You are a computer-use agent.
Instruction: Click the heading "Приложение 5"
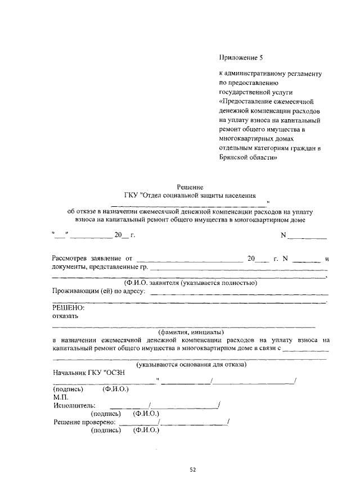coord(240,57)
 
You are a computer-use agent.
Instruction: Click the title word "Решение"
coord(190,187)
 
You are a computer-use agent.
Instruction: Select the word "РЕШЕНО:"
coord(68,307)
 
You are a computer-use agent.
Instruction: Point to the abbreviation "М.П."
coord(60,396)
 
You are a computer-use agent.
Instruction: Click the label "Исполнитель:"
coord(74,405)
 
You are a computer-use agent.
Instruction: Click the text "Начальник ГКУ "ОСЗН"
coord(87,373)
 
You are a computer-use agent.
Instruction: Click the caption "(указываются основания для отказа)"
coord(190,364)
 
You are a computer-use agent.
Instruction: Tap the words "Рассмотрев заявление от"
coord(95,259)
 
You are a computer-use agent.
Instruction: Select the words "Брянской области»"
coord(248,158)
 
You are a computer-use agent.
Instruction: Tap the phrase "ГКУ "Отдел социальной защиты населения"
coord(190,195)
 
